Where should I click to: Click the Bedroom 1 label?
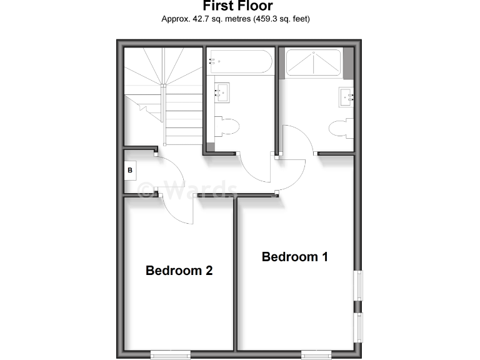[x=294, y=256]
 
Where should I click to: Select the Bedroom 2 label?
[x=179, y=271]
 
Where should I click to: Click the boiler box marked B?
[x=131, y=170]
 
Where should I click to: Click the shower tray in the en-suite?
[x=313, y=62]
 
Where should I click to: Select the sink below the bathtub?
[x=222, y=92]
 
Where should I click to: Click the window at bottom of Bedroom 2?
[x=170, y=356]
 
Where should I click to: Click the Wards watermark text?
[x=187, y=189]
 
